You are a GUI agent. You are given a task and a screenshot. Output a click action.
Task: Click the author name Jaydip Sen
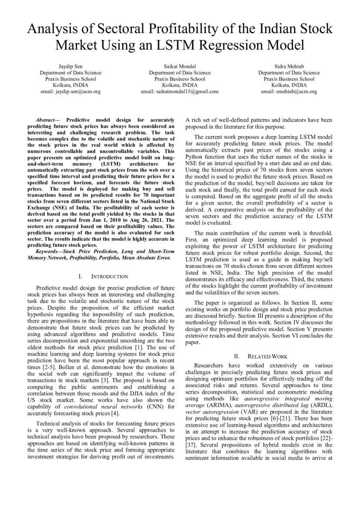[x=71, y=67]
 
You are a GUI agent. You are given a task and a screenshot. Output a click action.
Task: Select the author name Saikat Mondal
[x=179, y=67]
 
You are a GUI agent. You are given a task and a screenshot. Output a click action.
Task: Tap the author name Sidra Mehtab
[x=289, y=67]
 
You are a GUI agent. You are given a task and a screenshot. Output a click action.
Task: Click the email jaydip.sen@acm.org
[x=71, y=92]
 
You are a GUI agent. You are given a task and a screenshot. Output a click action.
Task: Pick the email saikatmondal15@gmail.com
[x=179, y=92]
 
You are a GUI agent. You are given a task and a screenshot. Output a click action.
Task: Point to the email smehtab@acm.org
[x=289, y=92]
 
